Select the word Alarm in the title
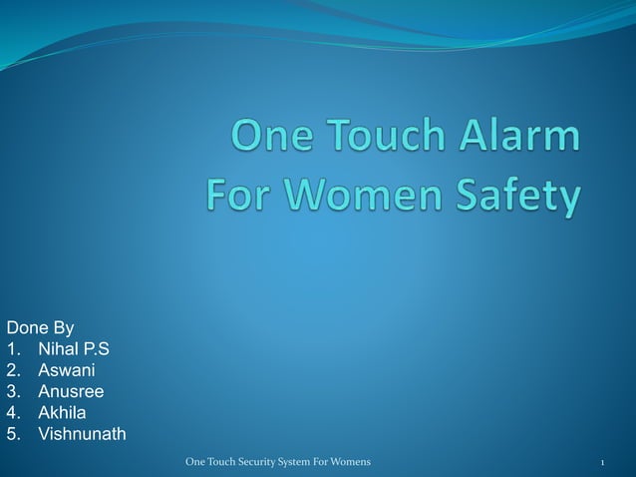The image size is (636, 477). tap(519, 137)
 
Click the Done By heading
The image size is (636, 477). tap(41, 327)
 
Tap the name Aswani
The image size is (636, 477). tap(67, 370)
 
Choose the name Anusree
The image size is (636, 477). tap(71, 391)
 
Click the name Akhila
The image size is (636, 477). tap(62, 412)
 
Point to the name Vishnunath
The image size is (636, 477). tap(82, 434)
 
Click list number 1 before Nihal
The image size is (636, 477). tap(12, 349)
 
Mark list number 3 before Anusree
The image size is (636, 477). tap(12, 391)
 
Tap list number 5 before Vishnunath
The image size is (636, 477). tap(12, 434)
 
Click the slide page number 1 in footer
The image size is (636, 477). tap(603, 462)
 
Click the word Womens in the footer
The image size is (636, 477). tap(348, 462)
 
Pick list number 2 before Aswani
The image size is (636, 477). tap(12, 370)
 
